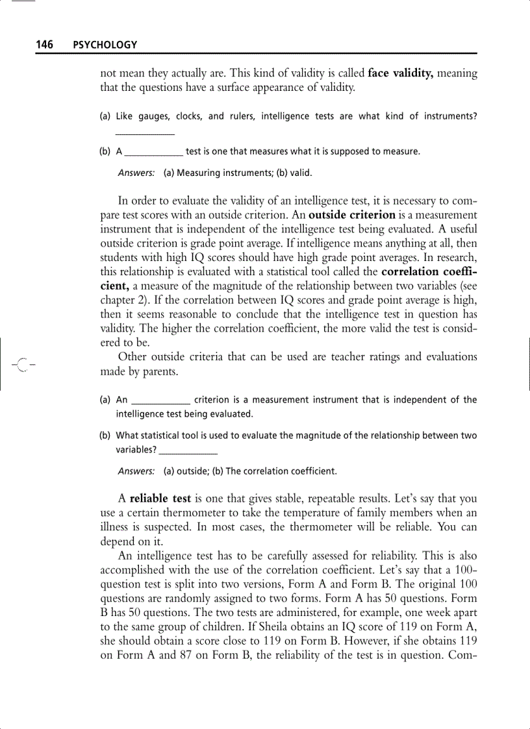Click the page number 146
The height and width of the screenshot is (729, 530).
(x=44, y=45)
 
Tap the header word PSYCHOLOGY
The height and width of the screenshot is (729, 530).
(x=105, y=45)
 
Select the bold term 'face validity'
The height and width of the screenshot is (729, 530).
(x=401, y=73)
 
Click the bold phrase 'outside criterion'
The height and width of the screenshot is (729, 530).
(x=353, y=215)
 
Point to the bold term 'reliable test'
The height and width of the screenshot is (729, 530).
(x=160, y=499)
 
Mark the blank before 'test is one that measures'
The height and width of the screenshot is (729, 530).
(x=153, y=152)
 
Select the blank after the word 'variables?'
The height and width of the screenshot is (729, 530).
(x=188, y=449)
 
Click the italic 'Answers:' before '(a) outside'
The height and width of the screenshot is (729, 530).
(x=136, y=471)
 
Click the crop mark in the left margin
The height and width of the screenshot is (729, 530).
(x=21, y=365)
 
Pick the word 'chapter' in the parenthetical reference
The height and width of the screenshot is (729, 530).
(x=119, y=300)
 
